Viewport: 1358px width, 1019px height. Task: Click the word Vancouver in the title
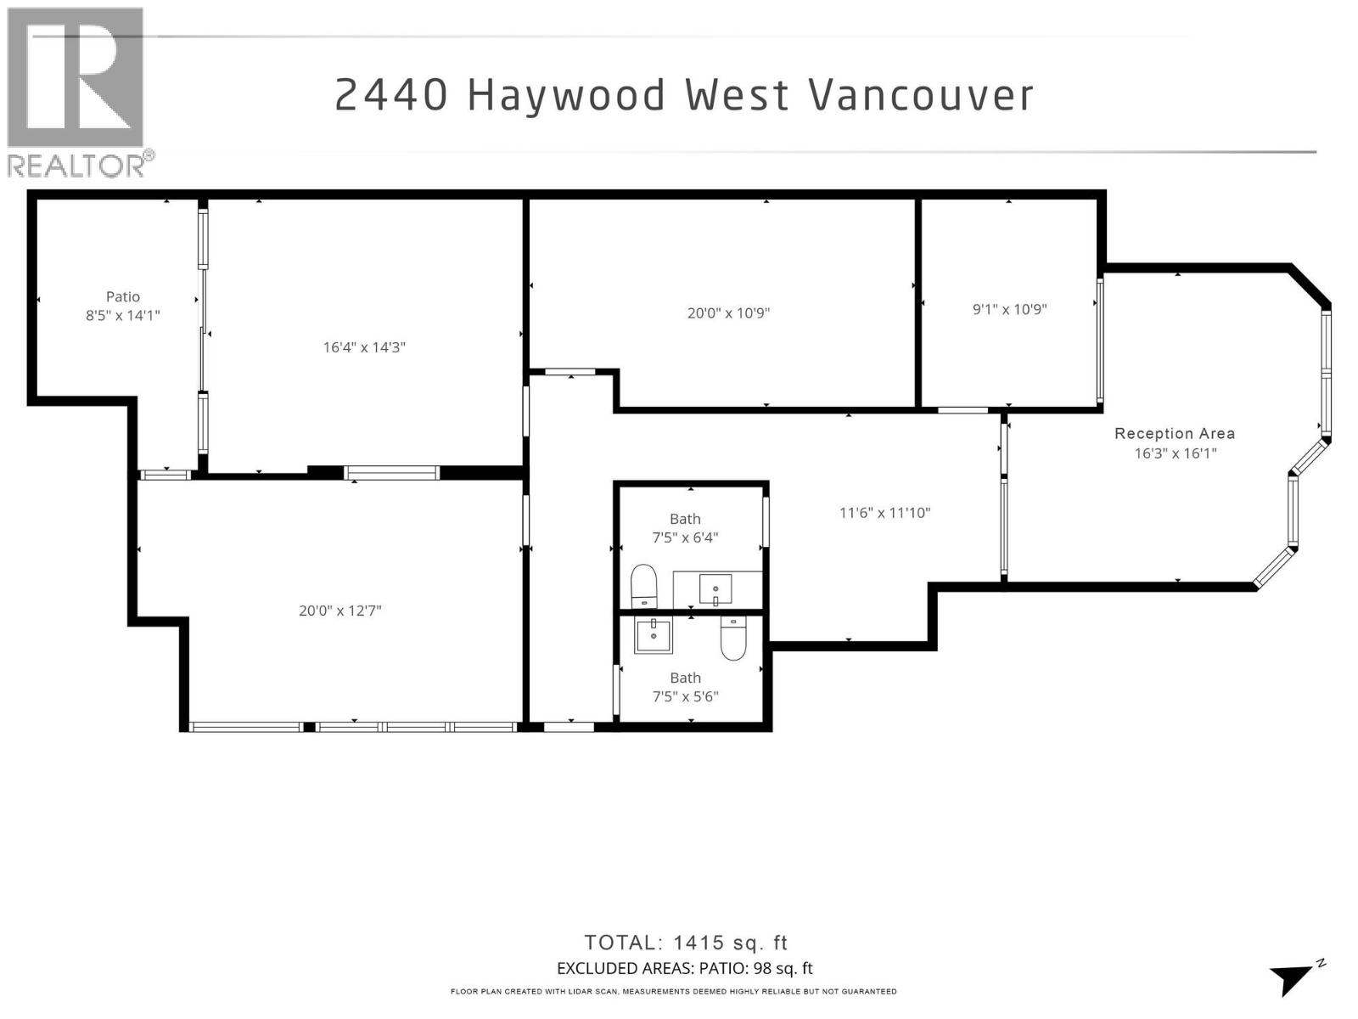[x=922, y=95]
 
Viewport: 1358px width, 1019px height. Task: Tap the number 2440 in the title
[x=391, y=95]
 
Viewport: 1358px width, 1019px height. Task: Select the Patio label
[x=123, y=296]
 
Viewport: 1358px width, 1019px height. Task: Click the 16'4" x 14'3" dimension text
[x=364, y=347]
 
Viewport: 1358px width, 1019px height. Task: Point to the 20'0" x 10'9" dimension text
[x=728, y=312]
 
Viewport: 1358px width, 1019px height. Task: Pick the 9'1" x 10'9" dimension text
[x=1009, y=309]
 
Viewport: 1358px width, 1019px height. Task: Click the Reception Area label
[x=1175, y=433]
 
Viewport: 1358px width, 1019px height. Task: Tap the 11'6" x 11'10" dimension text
[x=885, y=513]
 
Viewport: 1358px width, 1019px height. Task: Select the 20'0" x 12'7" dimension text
[x=339, y=611]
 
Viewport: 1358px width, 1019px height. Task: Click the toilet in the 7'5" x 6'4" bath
[x=644, y=587]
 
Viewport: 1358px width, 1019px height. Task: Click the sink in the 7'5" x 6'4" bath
[x=715, y=588]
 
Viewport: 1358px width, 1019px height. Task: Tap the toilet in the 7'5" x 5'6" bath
[x=732, y=638]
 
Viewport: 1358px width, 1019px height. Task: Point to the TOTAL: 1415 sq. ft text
[x=686, y=943]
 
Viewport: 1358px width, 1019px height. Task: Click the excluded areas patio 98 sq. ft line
[x=684, y=968]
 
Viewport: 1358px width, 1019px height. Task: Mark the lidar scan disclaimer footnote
[x=673, y=991]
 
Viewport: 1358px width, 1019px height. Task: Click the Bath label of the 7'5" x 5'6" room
[x=685, y=678]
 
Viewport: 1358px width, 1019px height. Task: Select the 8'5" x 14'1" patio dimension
[x=123, y=315]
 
